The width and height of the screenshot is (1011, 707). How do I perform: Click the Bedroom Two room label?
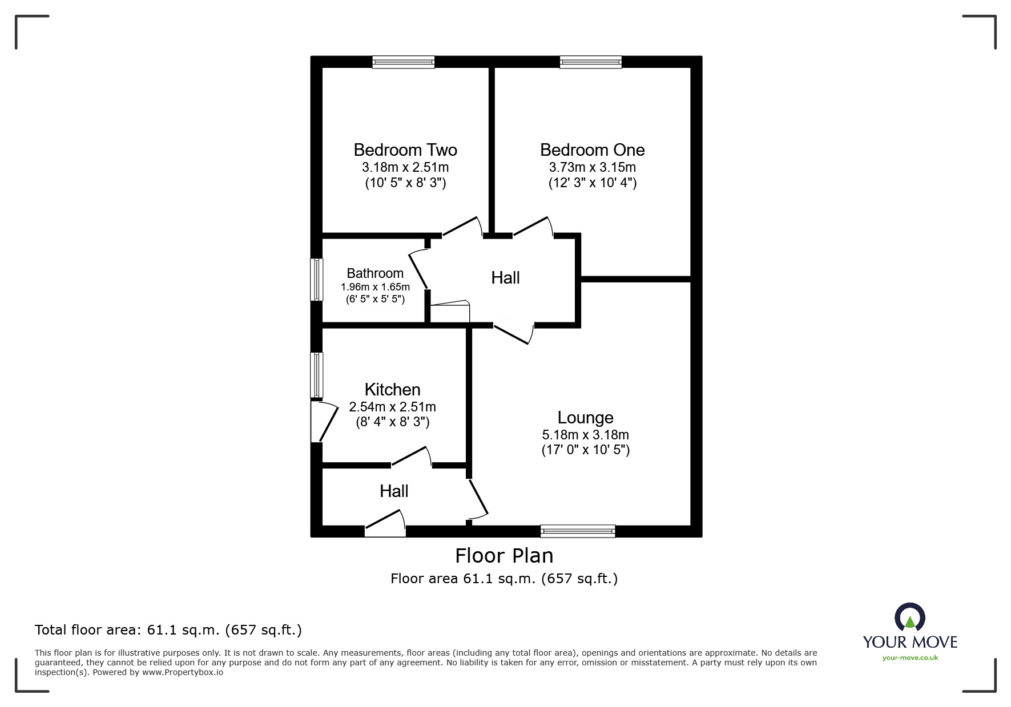[x=405, y=150]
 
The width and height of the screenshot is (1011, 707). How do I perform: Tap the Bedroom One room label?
[x=592, y=150]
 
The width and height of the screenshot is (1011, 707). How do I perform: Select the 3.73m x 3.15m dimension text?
[x=592, y=168]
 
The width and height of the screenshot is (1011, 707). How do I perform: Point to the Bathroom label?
[x=375, y=273]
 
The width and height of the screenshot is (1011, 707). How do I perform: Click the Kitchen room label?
[x=392, y=390]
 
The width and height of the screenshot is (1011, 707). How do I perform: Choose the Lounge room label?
[x=585, y=418]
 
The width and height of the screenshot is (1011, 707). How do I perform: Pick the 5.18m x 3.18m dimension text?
[x=585, y=435]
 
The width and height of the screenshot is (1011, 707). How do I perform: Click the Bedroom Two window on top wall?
[x=403, y=62]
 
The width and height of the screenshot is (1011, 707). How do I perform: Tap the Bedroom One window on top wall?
[x=590, y=62]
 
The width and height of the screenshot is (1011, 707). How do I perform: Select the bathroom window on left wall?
[x=316, y=280]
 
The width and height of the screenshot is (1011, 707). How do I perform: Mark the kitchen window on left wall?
[x=316, y=375]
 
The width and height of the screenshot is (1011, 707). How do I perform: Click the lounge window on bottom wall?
[x=578, y=531]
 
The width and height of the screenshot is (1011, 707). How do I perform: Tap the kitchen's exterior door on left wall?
[x=318, y=421]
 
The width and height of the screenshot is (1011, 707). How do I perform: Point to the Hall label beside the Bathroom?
[x=505, y=278]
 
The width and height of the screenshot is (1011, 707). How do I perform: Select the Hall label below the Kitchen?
[x=394, y=491]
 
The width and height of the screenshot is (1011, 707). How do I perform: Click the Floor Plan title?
[x=504, y=556]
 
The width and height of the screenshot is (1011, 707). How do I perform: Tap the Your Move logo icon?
[x=909, y=617]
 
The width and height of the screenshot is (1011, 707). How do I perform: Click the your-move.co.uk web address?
[x=909, y=658]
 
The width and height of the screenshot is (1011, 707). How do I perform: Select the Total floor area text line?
[x=168, y=630]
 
